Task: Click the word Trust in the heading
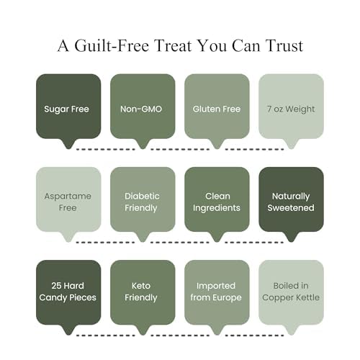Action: pyautogui.click(x=284, y=45)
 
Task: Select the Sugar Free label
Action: pyautogui.click(x=66, y=109)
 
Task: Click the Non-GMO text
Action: pyautogui.click(x=141, y=109)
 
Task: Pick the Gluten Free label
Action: pyautogui.click(x=217, y=109)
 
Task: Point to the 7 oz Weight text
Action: pyautogui.click(x=291, y=109)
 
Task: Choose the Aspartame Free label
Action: pyautogui.click(x=68, y=202)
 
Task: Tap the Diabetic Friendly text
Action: pyautogui.click(x=142, y=202)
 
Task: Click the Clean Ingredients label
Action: pyautogui.click(x=217, y=202)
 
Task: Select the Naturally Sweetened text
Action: pyautogui.click(x=291, y=202)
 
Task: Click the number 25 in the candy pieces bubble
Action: pyautogui.click(x=56, y=286)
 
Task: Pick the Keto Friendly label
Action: pyautogui.click(x=141, y=292)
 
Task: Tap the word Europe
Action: pyautogui.click(x=227, y=298)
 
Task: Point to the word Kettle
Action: pyautogui.click(x=307, y=297)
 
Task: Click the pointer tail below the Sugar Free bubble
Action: pyautogui.click(x=68, y=144)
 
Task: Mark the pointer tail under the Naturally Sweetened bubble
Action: pyautogui.click(x=291, y=237)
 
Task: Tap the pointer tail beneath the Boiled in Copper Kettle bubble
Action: pyautogui.click(x=291, y=330)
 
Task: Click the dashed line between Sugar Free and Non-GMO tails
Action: pyautogui.click(x=106, y=149)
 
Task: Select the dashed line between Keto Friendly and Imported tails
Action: pyautogui.click(x=180, y=336)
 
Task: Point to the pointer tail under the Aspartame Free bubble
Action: pyautogui.click(x=68, y=237)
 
